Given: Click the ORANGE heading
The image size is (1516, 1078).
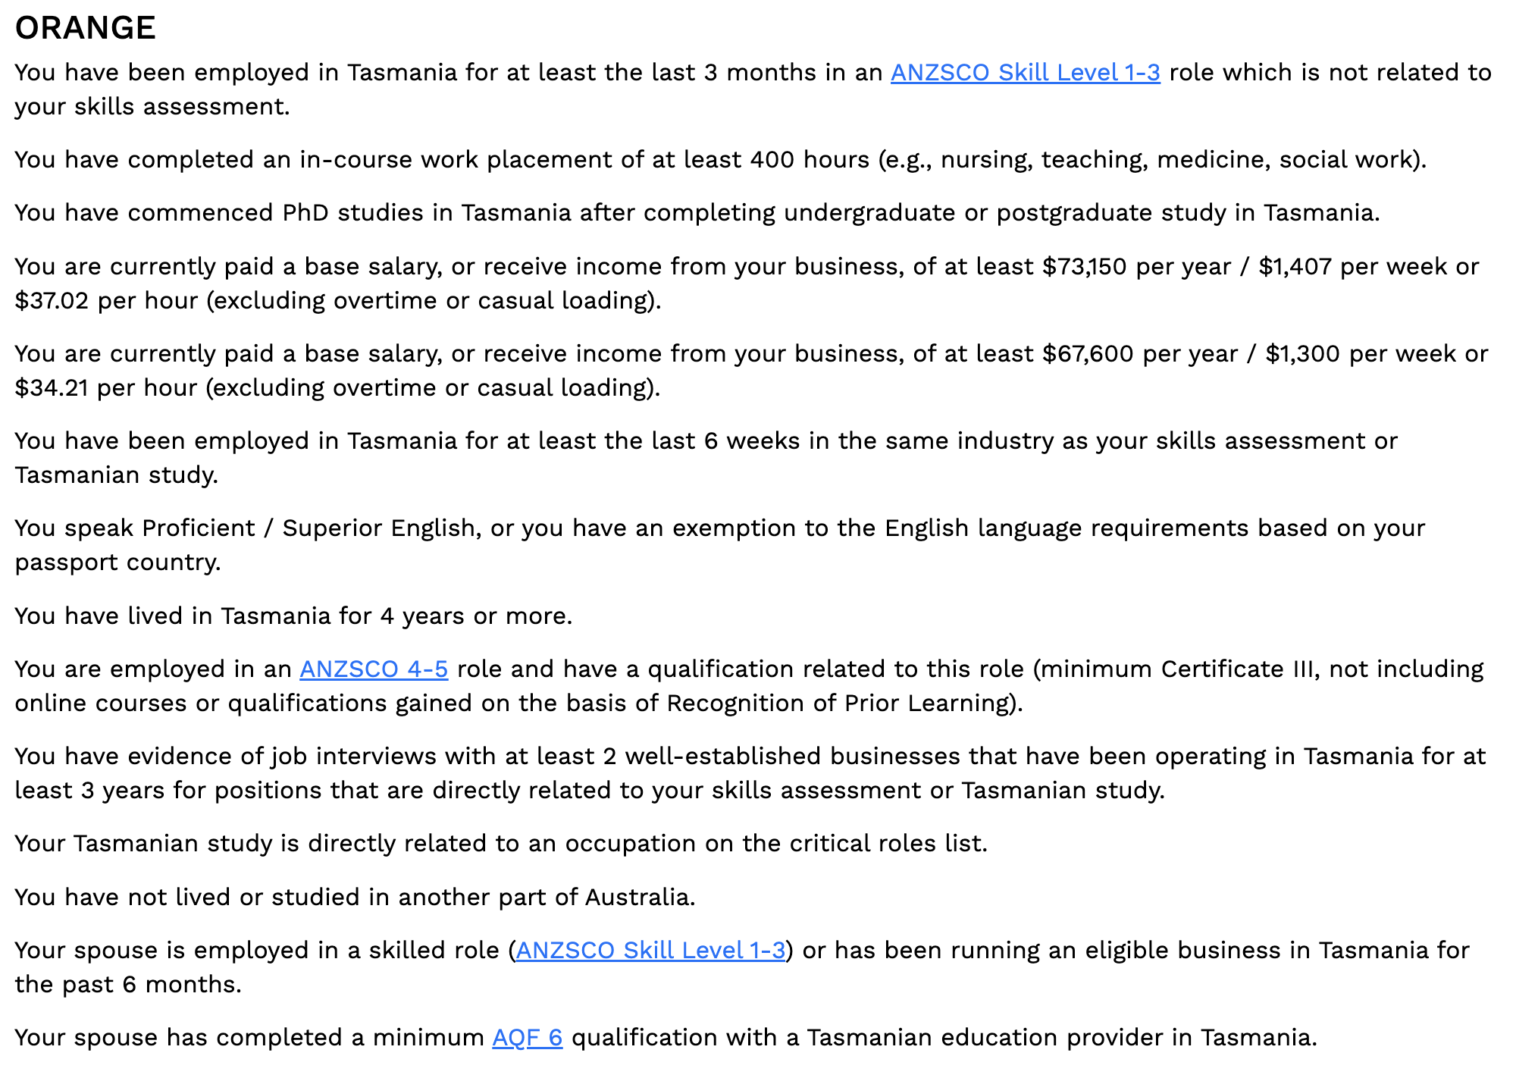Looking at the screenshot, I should pyautogui.click(x=85, y=28).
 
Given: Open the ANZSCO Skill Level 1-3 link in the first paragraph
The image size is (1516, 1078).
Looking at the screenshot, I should pyautogui.click(x=1025, y=73).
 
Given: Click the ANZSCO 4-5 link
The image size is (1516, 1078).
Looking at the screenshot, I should pyautogui.click(x=374, y=669).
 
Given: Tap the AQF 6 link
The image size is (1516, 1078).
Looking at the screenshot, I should pyautogui.click(x=527, y=1038).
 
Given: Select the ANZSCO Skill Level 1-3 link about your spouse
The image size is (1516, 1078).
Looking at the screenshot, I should pyautogui.click(x=650, y=951).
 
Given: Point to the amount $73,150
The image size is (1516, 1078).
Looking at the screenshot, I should pyautogui.click(x=1084, y=267).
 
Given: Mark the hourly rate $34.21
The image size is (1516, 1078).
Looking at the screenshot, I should pyautogui.click(x=52, y=388).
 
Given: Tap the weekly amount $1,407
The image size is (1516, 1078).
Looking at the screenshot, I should pyautogui.click(x=1295, y=267).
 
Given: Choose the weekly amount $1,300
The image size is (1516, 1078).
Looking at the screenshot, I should pyautogui.click(x=1302, y=354).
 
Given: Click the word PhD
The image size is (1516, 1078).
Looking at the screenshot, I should pyautogui.click(x=305, y=213).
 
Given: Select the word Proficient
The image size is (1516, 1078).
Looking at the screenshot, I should pyautogui.click(x=199, y=528).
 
